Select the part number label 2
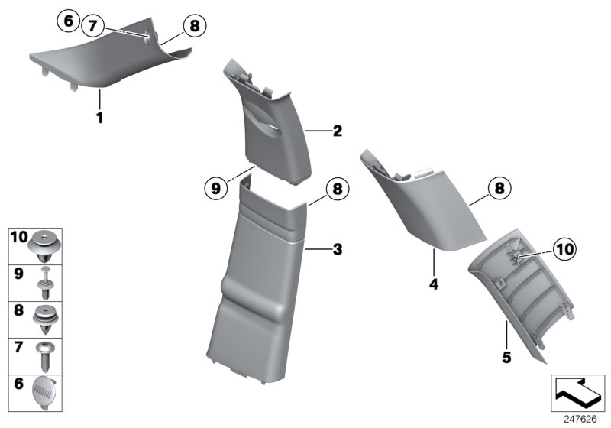[x=337, y=131]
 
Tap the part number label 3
[x=337, y=249]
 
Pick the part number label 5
[x=506, y=356]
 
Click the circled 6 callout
[x=67, y=21]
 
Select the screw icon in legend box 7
[x=47, y=355]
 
